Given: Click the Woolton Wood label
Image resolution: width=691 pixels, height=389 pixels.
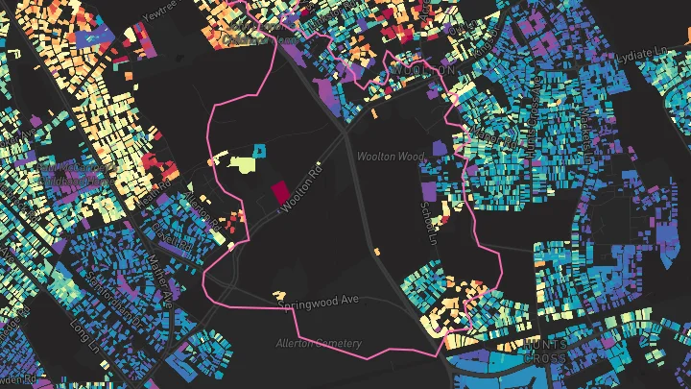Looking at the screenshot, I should [390, 156].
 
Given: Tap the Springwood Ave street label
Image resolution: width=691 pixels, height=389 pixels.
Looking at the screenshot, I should [318, 302].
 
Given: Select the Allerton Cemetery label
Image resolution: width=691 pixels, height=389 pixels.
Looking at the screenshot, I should [319, 343].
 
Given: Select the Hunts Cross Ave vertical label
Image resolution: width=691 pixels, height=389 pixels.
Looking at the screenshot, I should [536, 125].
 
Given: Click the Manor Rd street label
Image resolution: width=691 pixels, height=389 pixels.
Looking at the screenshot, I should [498, 145].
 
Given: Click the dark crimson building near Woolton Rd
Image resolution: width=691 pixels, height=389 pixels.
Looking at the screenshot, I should [280, 192].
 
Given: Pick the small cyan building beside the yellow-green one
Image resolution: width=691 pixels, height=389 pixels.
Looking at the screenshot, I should [258, 150].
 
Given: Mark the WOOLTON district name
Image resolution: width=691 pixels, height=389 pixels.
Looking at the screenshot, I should [435, 70].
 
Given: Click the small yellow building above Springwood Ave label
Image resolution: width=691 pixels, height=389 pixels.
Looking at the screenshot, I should [280, 292].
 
